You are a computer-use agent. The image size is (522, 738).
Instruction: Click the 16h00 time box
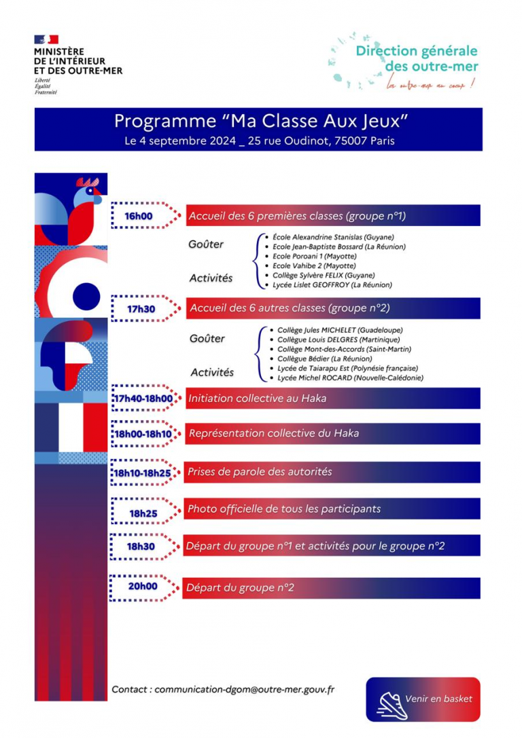tap(138, 216)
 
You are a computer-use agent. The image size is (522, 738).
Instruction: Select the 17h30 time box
tap(141, 308)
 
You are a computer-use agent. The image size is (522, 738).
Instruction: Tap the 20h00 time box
tap(142, 587)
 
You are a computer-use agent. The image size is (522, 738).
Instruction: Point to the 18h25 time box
tap(143, 513)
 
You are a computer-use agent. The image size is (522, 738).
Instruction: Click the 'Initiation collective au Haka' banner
tap(332, 399)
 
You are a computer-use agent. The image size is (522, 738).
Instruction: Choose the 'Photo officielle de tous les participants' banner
tap(332, 509)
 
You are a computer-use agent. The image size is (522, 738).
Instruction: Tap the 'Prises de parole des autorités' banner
tap(332, 471)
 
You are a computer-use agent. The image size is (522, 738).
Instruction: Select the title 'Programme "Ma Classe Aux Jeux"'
tap(260, 122)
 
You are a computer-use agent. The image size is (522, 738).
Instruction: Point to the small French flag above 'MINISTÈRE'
tap(46, 39)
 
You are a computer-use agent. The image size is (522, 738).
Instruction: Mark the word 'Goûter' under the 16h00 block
tap(207, 244)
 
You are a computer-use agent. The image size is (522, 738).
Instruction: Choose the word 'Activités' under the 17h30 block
tap(212, 372)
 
